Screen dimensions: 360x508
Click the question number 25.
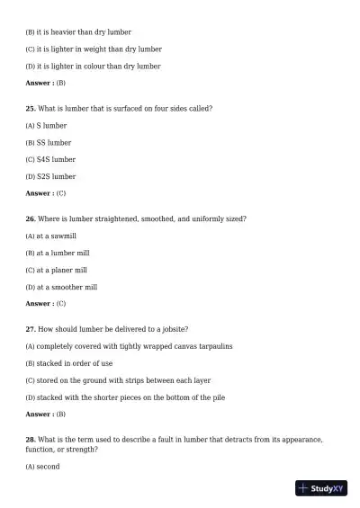click(x=30, y=108)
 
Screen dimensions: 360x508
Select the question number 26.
click(x=30, y=218)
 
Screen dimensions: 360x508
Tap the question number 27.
click(x=30, y=329)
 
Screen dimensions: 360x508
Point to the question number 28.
click(x=30, y=440)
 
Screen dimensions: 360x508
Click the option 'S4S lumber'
click(x=56, y=159)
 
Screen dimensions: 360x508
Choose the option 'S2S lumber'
click(x=56, y=176)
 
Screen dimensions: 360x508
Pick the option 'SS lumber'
click(x=53, y=142)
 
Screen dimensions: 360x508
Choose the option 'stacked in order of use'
click(x=75, y=363)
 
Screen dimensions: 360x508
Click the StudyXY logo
click(x=321, y=488)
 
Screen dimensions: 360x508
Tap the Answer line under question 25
click(x=45, y=193)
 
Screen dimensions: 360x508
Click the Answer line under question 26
click(x=45, y=304)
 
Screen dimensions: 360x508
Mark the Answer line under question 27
click(x=45, y=414)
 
